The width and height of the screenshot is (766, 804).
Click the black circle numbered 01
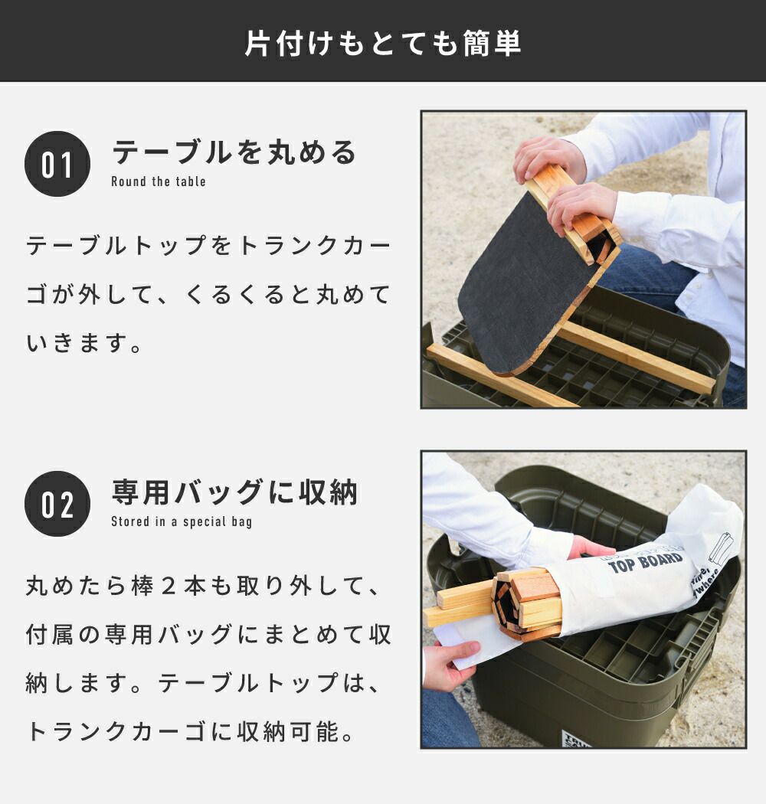57,164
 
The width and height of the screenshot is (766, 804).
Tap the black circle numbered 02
57,504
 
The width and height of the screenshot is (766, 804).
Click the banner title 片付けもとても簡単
383,43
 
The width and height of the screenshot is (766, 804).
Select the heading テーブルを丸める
234,152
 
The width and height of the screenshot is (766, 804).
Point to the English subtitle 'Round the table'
159,181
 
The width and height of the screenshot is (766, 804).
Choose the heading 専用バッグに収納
234,492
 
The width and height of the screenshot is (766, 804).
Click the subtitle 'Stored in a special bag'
182,522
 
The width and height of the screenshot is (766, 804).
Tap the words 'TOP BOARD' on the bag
646,562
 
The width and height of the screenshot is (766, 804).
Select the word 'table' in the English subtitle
191,181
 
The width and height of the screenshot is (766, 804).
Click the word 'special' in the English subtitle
205,522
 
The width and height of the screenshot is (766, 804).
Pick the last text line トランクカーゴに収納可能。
190,732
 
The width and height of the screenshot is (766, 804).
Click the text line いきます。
84,343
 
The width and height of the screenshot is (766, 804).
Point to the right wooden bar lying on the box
637,358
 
